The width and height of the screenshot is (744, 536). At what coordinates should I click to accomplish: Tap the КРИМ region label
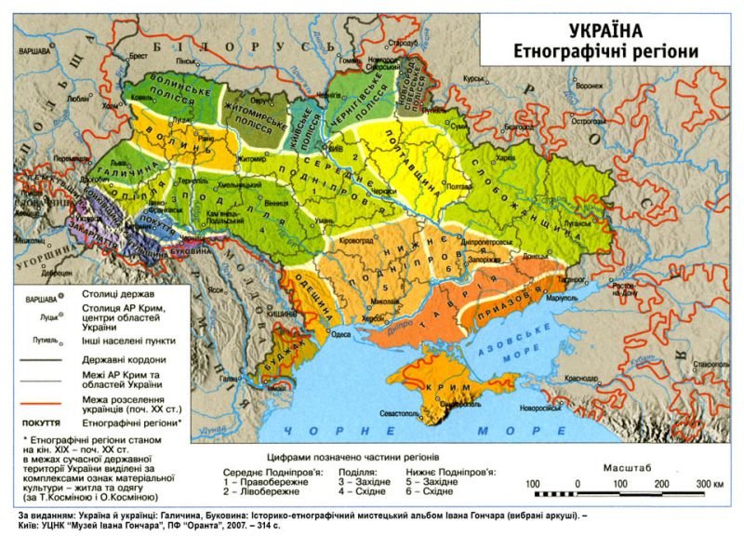tap(430, 385)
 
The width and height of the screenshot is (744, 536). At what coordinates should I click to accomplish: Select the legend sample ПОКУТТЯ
tap(40, 421)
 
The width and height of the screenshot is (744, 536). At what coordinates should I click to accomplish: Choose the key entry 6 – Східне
tap(433, 494)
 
